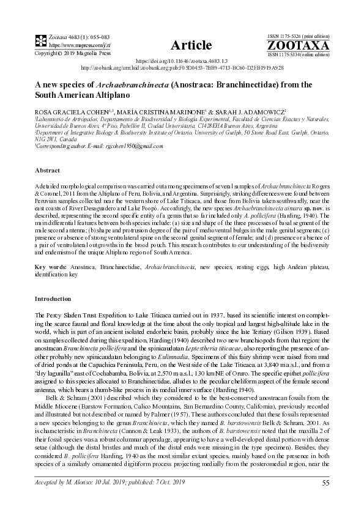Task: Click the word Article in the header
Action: click(191, 46)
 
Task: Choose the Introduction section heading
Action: click(53, 298)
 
